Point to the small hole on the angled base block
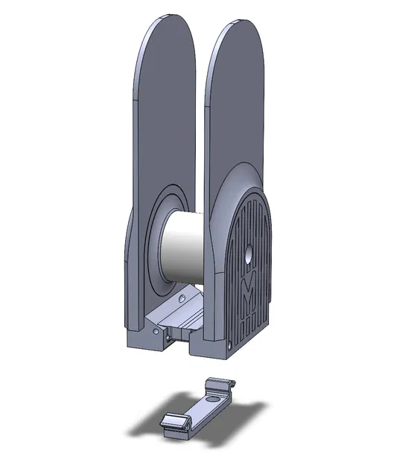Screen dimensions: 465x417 [182, 298]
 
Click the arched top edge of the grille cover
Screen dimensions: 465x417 [249, 198]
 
